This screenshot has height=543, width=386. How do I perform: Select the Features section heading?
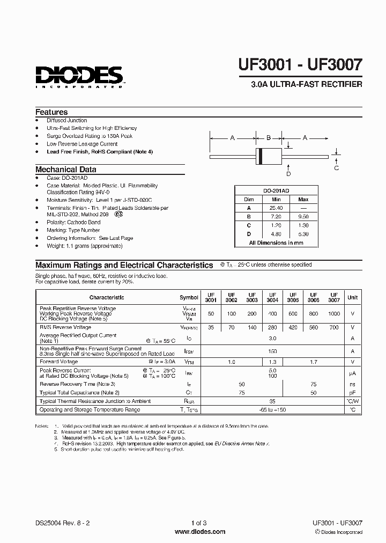click(x=51, y=112)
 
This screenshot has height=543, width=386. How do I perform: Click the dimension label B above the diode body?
click(x=269, y=138)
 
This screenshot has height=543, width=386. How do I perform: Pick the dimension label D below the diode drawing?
click(x=288, y=173)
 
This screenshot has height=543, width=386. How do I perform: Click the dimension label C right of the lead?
click(x=337, y=168)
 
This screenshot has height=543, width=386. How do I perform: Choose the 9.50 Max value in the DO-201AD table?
click(x=303, y=217)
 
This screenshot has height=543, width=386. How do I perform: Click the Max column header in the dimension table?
click(x=303, y=199)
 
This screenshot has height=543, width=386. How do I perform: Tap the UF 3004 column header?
click(x=273, y=297)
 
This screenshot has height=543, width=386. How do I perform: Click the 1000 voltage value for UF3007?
click(x=334, y=313)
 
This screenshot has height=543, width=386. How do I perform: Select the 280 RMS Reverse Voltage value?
click(x=273, y=327)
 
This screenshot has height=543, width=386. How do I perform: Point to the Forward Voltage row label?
click(x=60, y=362)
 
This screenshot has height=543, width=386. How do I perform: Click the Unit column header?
click(x=352, y=297)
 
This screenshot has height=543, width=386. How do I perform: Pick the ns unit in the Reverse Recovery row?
click(x=352, y=384)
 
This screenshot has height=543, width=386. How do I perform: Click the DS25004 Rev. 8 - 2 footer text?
click(x=60, y=523)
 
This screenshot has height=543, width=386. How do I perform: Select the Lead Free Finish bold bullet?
click(x=100, y=152)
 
